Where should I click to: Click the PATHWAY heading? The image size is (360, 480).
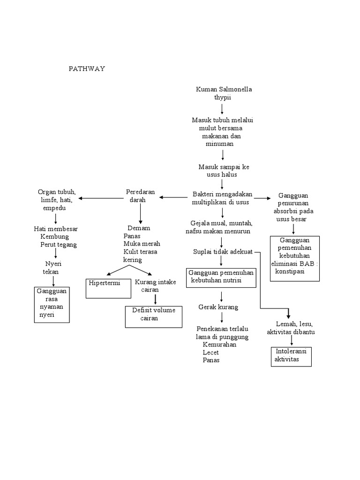click(87, 69)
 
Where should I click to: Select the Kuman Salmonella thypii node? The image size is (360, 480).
click(223, 93)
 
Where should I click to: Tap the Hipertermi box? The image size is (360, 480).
click(109, 288)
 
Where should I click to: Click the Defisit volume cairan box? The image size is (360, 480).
click(153, 316)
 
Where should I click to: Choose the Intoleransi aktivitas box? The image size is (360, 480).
click(291, 356)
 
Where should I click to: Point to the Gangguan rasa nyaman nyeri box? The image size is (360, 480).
click(52, 305)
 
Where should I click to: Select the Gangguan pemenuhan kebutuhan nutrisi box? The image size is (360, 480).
click(221, 277)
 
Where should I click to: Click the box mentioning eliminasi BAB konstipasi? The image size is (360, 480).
click(295, 258)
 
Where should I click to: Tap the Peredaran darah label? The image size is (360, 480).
click(140, 196)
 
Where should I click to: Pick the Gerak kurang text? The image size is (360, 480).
click(218, 307)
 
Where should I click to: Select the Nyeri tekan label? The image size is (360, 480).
click(51, 268)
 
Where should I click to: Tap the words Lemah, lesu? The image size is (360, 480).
click(294, 324)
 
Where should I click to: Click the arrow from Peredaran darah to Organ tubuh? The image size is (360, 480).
click(101, 198)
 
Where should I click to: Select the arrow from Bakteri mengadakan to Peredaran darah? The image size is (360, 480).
click(173, 197)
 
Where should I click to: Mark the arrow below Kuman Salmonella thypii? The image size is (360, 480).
click(222, 109)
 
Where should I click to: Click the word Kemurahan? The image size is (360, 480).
click(216, 345)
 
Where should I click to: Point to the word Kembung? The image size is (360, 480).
click(54, 237)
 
